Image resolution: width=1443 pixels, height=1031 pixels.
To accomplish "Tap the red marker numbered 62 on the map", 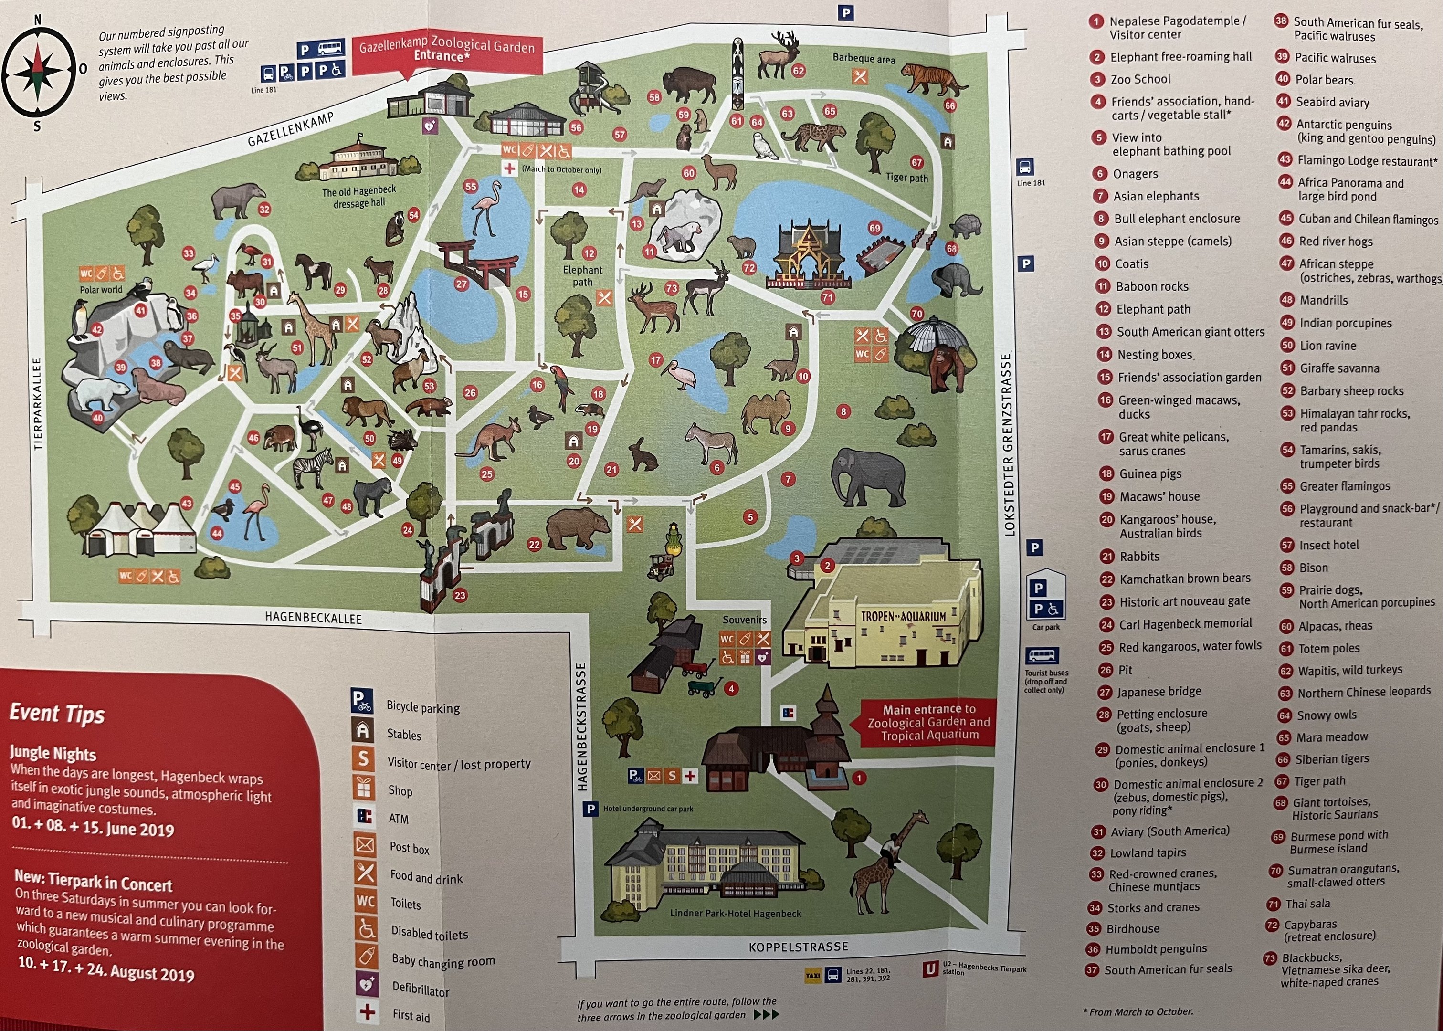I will click(798, 71).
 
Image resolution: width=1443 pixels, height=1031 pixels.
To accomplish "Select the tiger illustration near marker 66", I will click(931, 80).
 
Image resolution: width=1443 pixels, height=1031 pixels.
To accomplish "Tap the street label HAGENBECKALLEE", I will click(313, 617).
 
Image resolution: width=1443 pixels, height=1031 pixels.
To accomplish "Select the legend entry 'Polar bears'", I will click(1324, 80).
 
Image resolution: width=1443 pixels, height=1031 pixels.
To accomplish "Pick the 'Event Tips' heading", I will click(57, 714).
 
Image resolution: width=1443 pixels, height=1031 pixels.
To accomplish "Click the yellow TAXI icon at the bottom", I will click(812, 975).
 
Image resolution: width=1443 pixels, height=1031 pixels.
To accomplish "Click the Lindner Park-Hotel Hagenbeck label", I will click(735, 913).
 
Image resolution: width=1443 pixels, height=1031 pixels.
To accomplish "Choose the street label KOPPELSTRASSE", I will click(798, 947).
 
